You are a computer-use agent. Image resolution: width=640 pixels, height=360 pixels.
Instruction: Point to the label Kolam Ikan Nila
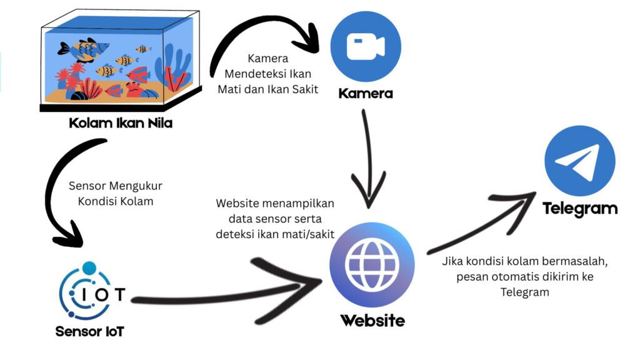coord(121,124)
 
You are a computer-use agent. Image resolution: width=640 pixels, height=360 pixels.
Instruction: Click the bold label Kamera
coord(366,94)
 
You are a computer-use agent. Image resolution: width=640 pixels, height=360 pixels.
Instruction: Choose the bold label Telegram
coord(580,209)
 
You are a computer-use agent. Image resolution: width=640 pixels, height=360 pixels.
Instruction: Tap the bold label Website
coord(372,321)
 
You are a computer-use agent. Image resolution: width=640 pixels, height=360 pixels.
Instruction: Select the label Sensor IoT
coord(89,331)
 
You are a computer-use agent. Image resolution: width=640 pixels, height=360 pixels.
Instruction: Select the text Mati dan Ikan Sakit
coord(267,89)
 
